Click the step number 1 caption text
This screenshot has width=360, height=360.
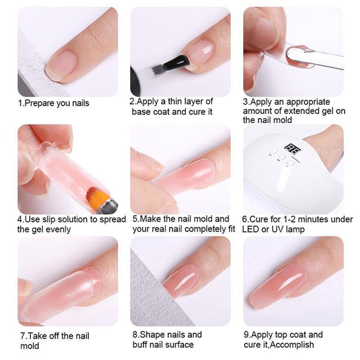pos(54,103)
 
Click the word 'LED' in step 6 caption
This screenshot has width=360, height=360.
pos(251,229)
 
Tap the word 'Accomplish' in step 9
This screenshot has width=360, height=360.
pos(294,345)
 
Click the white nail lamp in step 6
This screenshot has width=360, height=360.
pos(279,180)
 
